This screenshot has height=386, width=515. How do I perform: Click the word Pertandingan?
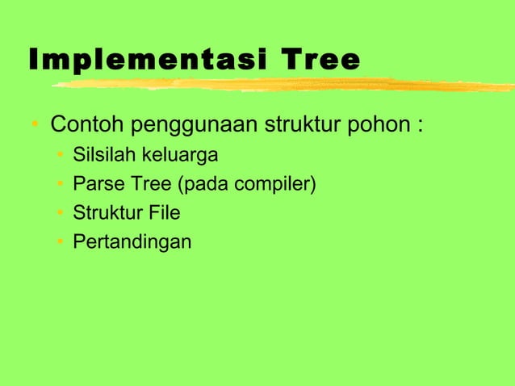coord(132,242)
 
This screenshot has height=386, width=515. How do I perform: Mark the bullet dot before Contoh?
coord(36,128)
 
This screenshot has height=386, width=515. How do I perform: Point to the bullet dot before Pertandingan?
coord(61,242)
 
